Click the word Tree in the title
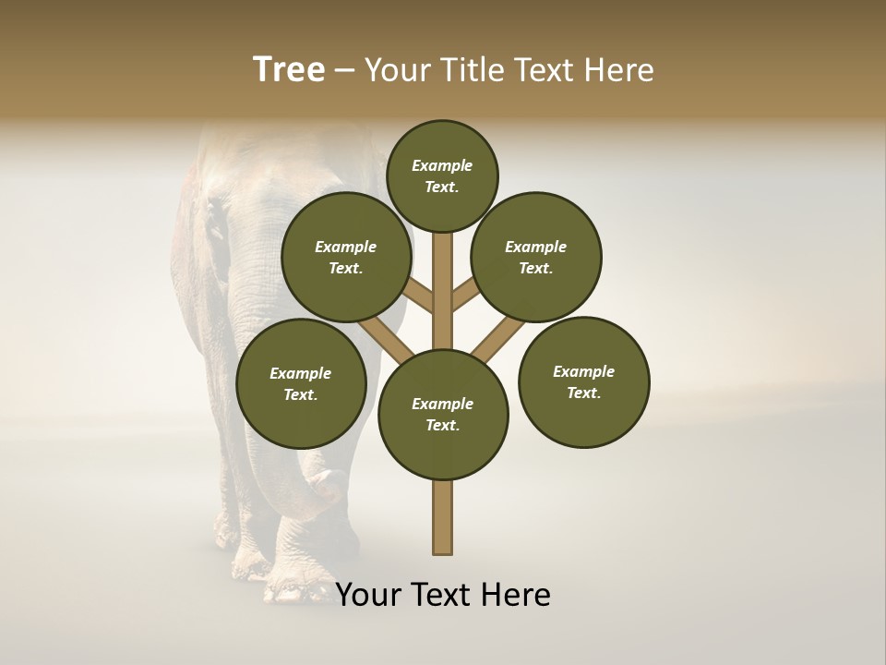click(289, 70)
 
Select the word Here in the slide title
click(618, 70)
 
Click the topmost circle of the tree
click(442, 175)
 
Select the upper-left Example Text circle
click(346, 257)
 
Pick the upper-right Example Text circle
click(536, 257)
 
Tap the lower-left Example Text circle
click(301, 383)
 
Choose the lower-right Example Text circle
click(584, 381)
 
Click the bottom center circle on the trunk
click(443, 415)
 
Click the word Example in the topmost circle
click(442, 165)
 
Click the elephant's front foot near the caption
click(295, 582)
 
